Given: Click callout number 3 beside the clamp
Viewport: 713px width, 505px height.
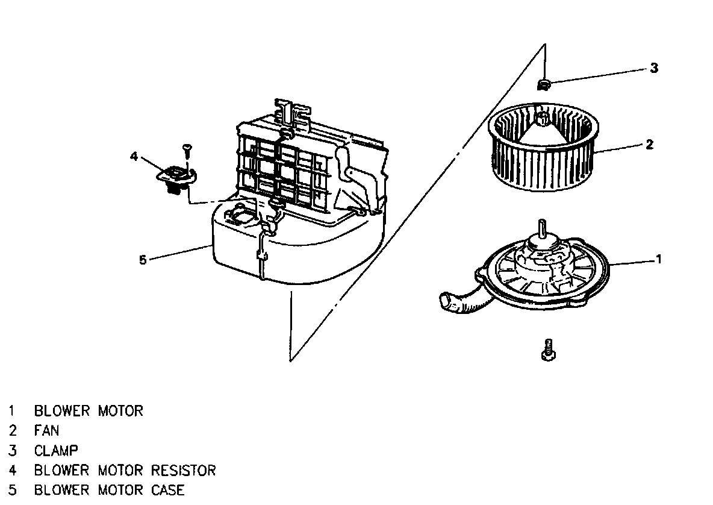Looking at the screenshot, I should pos(655,68).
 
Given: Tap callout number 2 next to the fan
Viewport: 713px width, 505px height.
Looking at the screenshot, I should pos(649,145).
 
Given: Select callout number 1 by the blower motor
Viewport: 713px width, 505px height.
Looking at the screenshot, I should pos(659,259).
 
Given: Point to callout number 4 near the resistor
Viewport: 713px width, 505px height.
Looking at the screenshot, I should pos(134,157).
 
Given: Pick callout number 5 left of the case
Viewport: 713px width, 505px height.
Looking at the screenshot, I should pos(143,260).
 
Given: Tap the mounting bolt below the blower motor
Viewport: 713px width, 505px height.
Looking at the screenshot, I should pos(548,350).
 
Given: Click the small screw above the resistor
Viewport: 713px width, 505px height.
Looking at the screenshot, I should pos(187,148).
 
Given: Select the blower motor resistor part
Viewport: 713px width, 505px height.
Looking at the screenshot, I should pos(176,178).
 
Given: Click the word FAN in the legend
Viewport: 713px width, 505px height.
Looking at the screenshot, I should pos(46,431).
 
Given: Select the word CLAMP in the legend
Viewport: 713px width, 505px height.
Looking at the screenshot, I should pos(56,450).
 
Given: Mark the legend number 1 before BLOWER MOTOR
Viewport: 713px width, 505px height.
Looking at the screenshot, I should pos(11,412).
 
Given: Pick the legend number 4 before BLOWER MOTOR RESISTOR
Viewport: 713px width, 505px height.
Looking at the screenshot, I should pos(11,470).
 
